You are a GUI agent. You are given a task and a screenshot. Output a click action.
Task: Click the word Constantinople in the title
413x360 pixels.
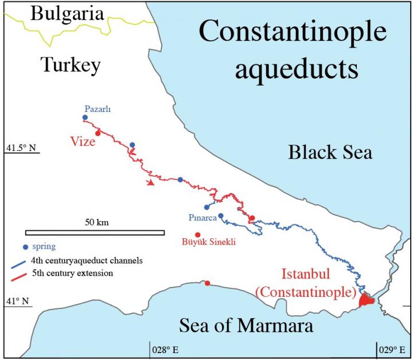click(293, 33)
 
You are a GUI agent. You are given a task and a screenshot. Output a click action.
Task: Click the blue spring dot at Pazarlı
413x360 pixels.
click(85, 117)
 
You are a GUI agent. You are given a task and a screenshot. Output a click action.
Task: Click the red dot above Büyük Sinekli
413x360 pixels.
click(197, 234)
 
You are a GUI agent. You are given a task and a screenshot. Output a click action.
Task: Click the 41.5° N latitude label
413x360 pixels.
click(21, 149)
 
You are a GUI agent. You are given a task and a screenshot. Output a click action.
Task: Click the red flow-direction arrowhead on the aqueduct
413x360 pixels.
click(150, 183)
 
